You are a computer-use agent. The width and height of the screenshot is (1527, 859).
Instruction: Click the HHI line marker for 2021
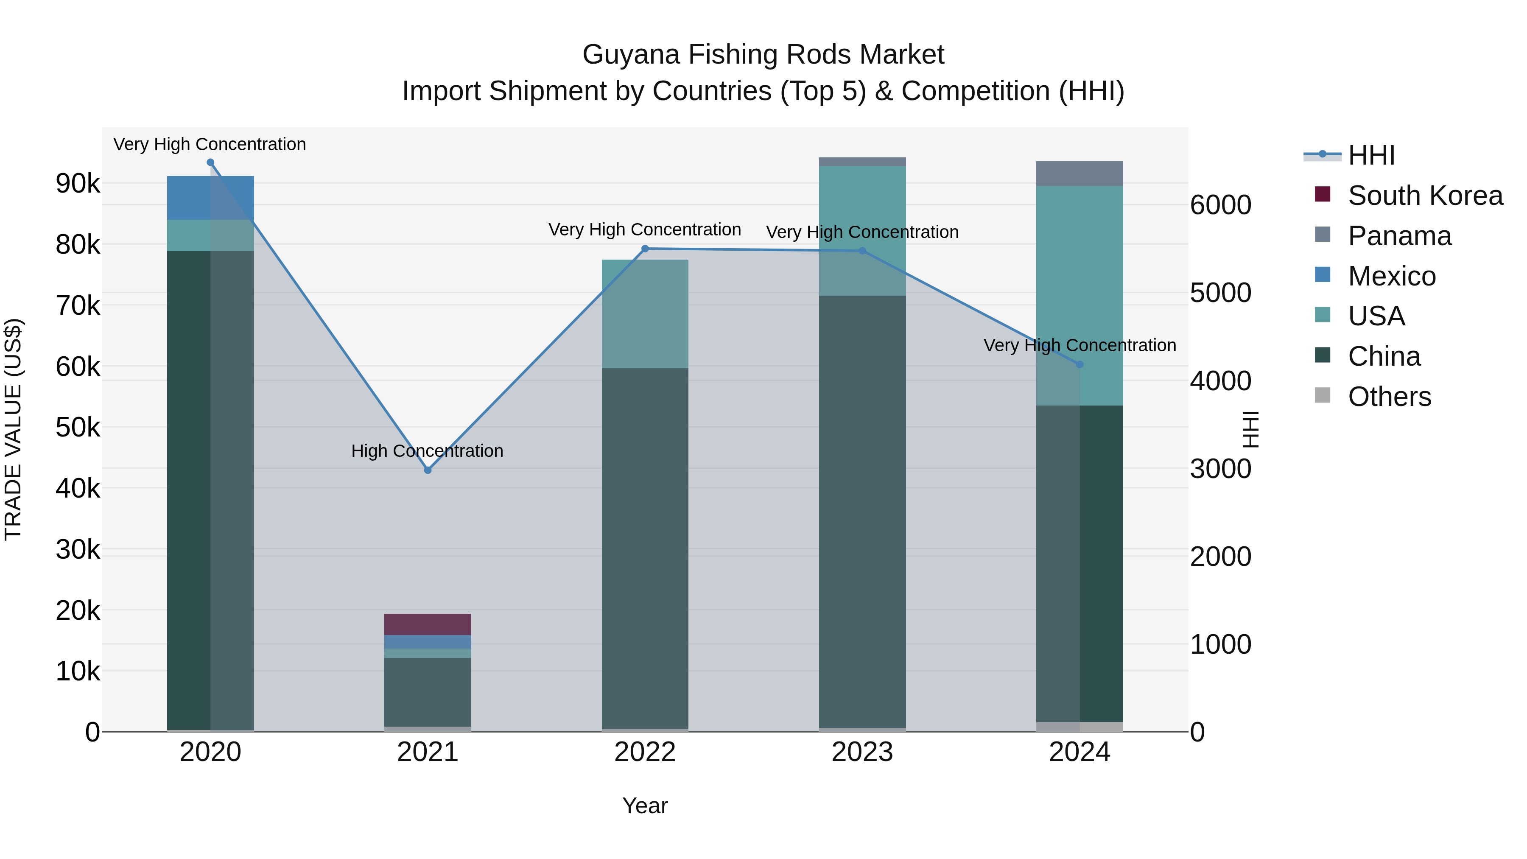(428, 470)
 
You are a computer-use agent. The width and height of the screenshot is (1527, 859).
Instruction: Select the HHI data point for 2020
(210, 162)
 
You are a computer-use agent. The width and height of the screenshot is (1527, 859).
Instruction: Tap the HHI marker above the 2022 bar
(645, 249)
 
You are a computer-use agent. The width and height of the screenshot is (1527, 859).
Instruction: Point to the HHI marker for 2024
(1080, 364)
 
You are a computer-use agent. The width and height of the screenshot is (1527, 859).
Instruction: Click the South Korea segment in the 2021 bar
(428, 624)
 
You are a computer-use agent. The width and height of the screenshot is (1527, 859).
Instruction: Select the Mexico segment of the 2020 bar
(210, 198)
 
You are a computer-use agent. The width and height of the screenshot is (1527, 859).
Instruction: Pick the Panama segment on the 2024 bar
(1080, 173)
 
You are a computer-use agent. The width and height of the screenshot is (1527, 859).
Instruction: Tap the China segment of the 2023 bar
(862, 510)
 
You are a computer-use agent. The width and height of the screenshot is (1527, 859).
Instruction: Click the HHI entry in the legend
(1370, 155)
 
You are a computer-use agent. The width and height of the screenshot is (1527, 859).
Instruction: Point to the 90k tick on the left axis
(78, 183)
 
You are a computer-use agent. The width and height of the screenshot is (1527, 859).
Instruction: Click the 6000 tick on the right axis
(1220, 205)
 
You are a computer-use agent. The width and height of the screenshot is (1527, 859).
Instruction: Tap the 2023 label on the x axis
(862, 752)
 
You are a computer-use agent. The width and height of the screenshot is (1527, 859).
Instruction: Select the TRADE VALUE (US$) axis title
(13, 429)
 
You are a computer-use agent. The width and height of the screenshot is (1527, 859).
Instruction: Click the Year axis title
(645, 806)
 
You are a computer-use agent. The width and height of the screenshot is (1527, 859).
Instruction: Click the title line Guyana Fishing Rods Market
(763, 55)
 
